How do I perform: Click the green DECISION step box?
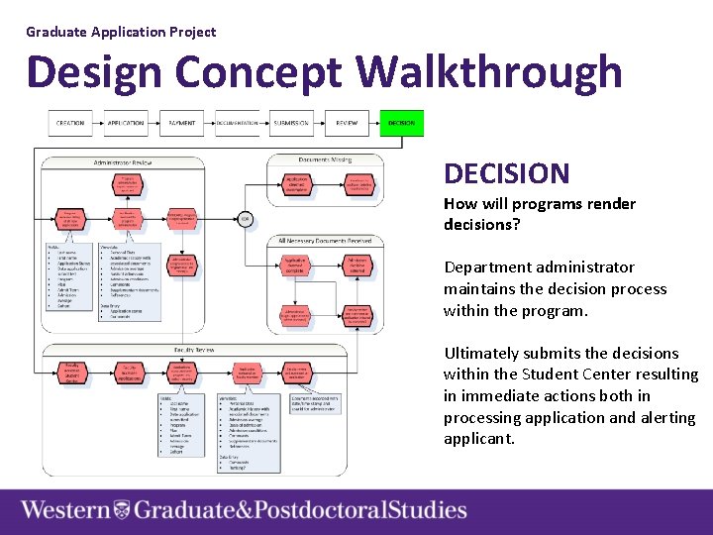[401, 123]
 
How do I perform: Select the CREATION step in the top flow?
[70, 123]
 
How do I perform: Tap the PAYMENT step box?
[181, 123]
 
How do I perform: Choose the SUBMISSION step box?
[291, 123]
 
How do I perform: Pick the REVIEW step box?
[347, 123]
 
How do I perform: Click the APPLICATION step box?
[126, 123]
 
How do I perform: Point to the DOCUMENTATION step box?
[236, 123]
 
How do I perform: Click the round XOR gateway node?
[245, 219]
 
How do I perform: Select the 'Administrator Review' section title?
[123, 161]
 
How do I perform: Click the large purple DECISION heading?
[506, 174]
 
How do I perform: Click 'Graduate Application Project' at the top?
[121, 32]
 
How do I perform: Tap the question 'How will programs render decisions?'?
[540, 214]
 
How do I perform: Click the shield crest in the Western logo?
[121, 511]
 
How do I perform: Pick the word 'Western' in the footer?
[65, 511]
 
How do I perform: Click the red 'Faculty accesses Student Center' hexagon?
[71, 374]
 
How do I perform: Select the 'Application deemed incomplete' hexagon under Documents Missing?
[296, 184]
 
